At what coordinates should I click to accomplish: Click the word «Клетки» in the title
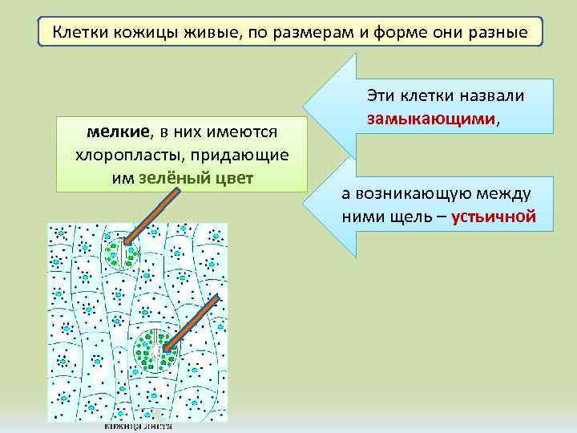pyautogui.click(x=78, y=34)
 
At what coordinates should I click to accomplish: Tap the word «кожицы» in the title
pyautogui.click(x=147, y=34)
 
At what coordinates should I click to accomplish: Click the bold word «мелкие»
pyautogui.click(x=117, y=131)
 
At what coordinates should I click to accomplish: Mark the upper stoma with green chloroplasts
pyautogui.click(x=121, y=251)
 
